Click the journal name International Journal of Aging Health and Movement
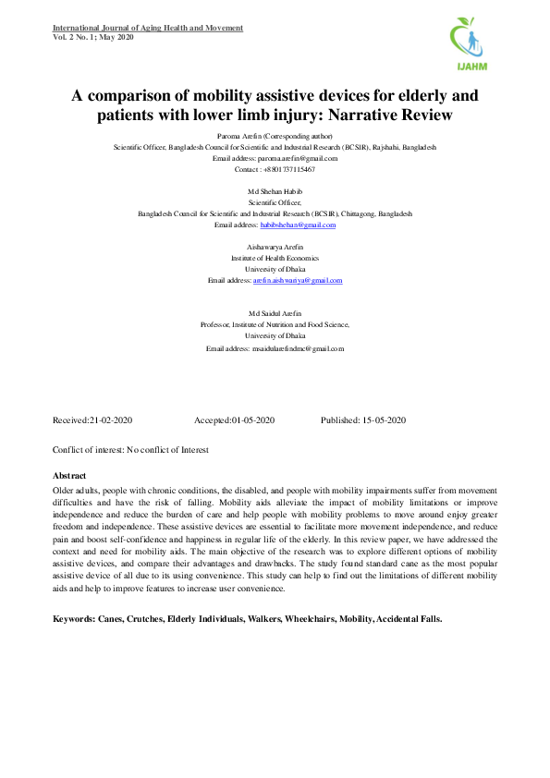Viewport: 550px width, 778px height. (x=148, y=28)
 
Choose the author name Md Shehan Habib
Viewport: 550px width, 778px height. (x=275, y=191)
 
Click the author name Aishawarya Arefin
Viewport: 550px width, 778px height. (x=275, y=247)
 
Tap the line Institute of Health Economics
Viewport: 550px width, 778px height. (x=275, y=258)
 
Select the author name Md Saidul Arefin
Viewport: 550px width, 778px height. (x=275, y=314)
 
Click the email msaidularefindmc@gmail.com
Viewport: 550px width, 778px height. (x=298, y=348)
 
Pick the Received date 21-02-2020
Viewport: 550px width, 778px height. (x=111, y=420)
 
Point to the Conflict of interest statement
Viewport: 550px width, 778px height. (x=130, y=450)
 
